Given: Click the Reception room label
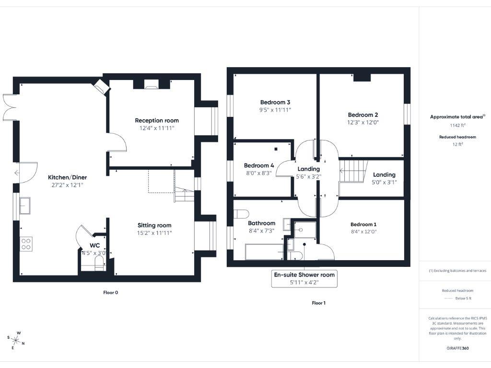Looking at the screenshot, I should pos(157,120).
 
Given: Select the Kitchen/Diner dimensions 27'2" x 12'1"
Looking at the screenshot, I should pos(67,185).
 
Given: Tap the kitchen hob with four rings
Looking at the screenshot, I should pos(25,244).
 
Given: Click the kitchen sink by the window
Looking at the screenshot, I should pos(25,206).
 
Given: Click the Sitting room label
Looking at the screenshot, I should pos(154,225).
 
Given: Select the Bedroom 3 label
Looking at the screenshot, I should pos(275,102).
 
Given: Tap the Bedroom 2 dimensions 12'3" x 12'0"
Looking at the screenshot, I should pos(363,123).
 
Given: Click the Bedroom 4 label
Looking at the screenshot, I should pos(259,165).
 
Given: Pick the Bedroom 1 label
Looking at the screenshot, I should pos(363,224).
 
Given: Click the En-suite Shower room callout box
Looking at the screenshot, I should pos(304,278).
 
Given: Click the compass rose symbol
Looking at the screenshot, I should pos(16,340).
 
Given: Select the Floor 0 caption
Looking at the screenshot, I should pos(110,292).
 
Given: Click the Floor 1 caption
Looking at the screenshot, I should pos(318,303).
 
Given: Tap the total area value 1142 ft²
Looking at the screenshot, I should pos(457,126).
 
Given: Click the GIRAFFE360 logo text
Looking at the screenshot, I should pos(457,348).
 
